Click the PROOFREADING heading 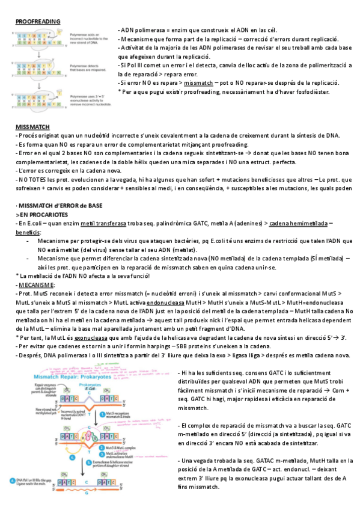(37, 22)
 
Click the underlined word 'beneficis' (28, 232)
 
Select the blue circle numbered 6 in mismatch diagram (13, 481)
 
